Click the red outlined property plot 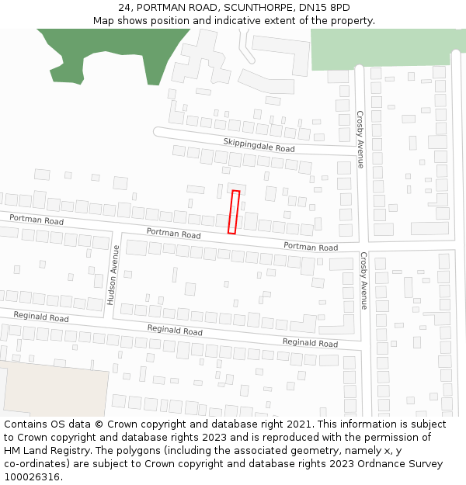coord(233,212)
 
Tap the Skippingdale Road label coord(259,144)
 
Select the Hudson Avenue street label coord(113,275)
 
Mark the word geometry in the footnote coord(325,451)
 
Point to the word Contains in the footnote coord(26,424)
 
